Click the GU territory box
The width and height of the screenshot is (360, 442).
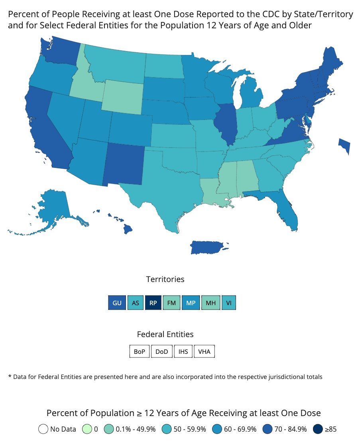[x=117, y=303]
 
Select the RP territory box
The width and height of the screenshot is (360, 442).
[x=153, y=303]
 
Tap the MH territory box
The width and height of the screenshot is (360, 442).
[x=211, y=303]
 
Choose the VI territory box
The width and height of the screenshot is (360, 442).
[x=228, y=303]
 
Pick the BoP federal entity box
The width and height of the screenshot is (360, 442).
[x=139, y=352]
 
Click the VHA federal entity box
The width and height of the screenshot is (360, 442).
[x=204, y=352]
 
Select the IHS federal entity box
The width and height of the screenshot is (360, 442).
[x=183, y=352]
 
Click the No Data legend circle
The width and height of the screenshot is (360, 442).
[x=43, y=429]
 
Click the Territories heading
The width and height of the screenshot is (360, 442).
[x=165, y=279]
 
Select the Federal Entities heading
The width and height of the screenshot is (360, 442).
[x=165, y=334]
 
